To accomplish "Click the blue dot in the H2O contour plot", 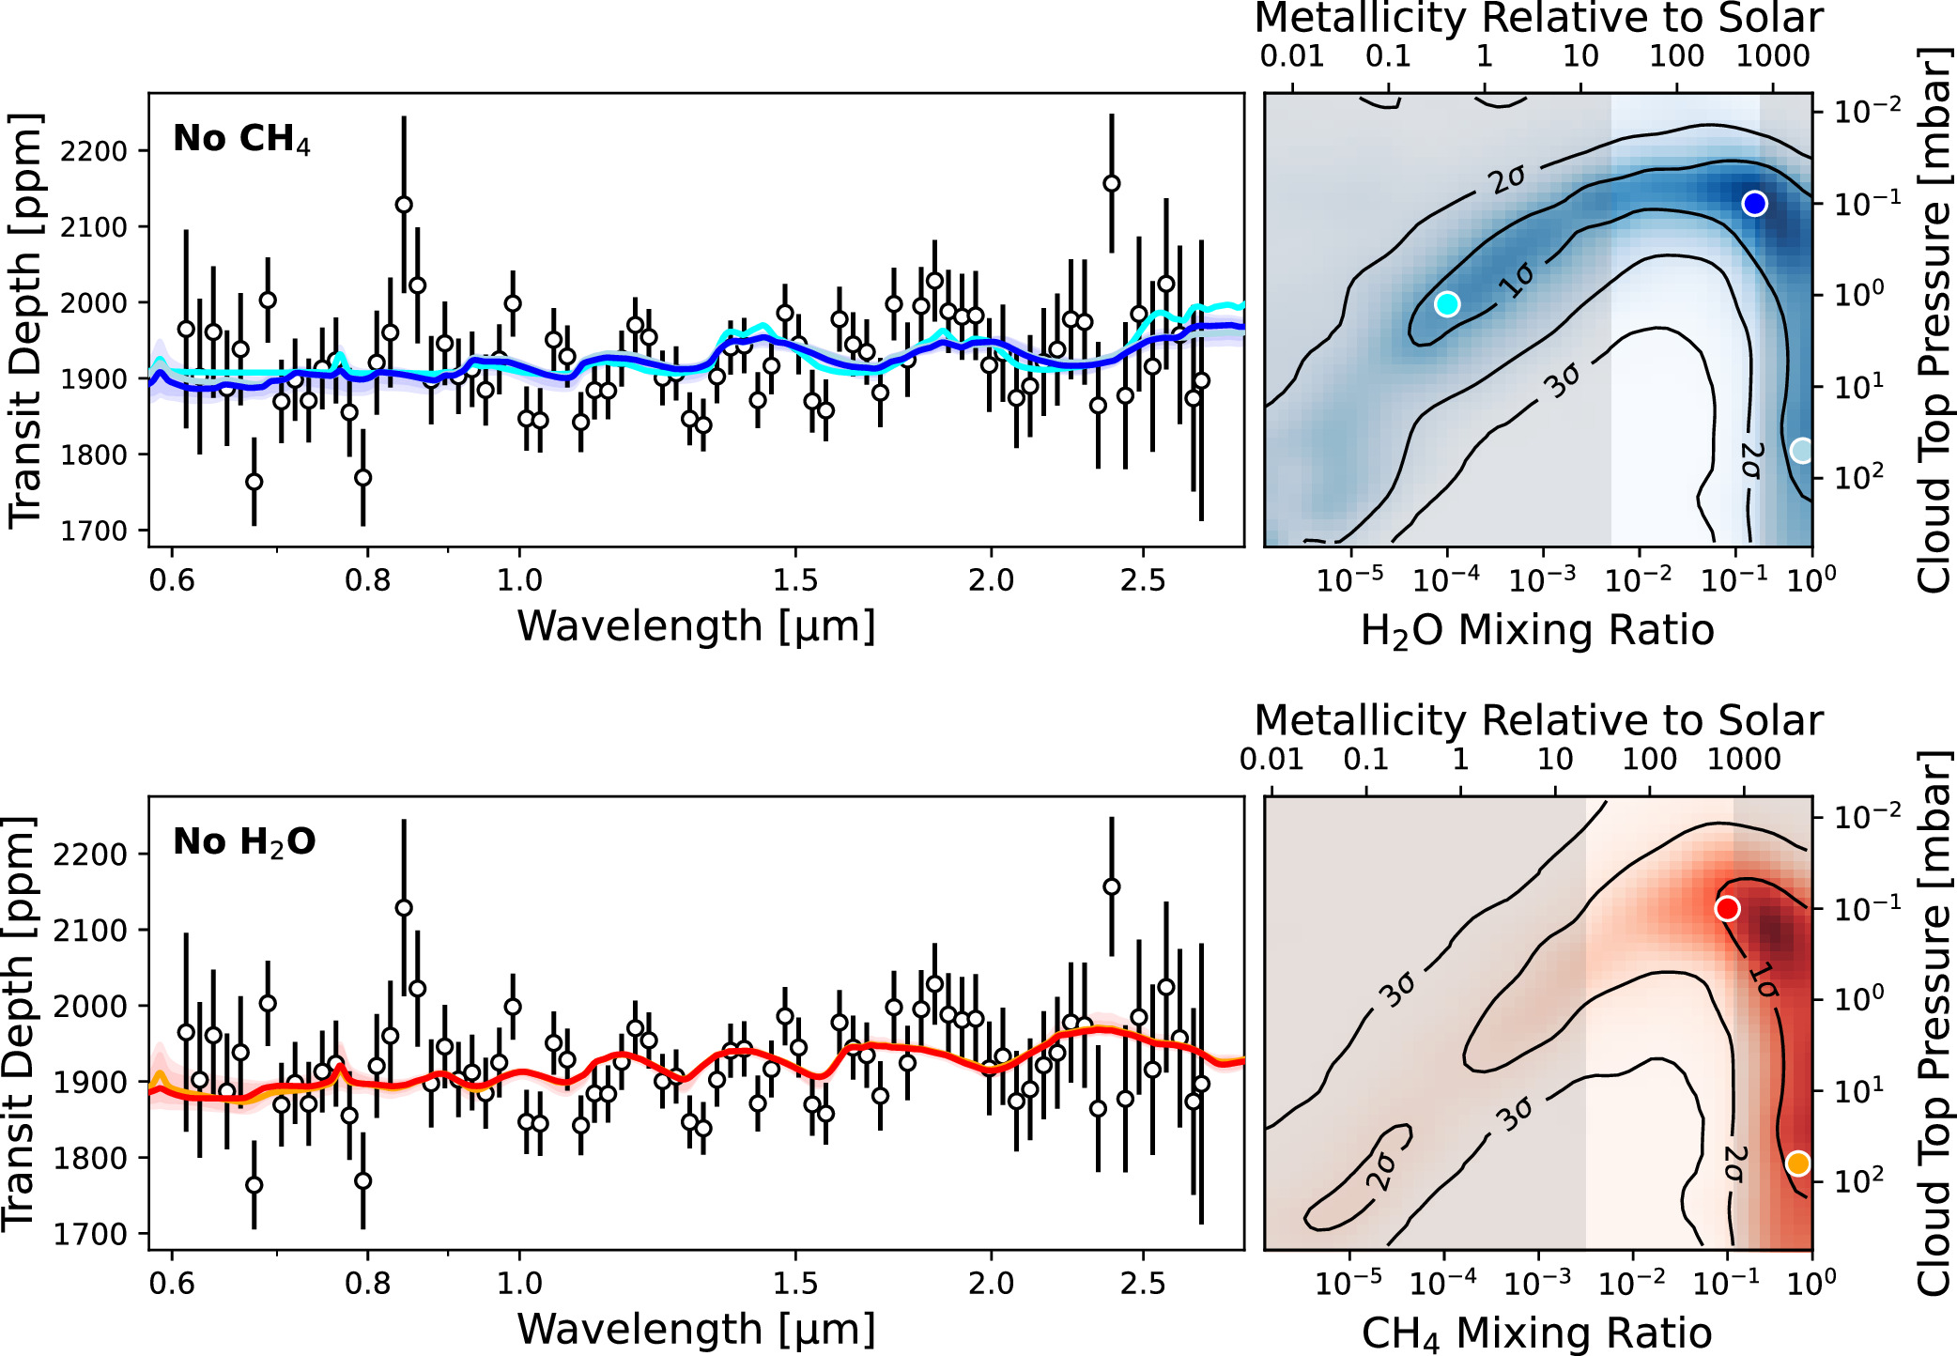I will [x=1754, y=203].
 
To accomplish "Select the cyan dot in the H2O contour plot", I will [x=1447, y=303].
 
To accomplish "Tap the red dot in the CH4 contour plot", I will [x=1727, y=908].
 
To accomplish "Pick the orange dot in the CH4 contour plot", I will [x=1797, y=1163].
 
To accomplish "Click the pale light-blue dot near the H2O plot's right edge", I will [x=1801, y=451].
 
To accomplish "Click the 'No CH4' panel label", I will [x=241, y=139].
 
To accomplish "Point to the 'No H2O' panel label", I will [x=244, y=842].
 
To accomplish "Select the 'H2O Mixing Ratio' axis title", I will [x=1537, y=630].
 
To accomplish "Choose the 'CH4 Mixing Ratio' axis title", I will [x=1537, y=1333].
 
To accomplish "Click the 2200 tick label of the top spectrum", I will [x=92, y=151].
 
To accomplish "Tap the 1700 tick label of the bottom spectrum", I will [x=86, y=1234].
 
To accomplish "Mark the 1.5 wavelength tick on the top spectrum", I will [x=795, y=579].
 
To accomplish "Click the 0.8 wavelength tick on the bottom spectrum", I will [x=367, y=1283].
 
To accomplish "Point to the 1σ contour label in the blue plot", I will [x=1516, y=279].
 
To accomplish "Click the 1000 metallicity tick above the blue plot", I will [x=1772, y=56].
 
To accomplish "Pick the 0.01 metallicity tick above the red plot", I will [x=1271, y=759].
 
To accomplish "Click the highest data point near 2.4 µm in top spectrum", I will [x=1112, y=183].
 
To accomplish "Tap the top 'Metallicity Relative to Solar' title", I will [x=1538, y=19].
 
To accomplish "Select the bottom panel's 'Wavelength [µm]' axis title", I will [x=696, y=1329].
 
